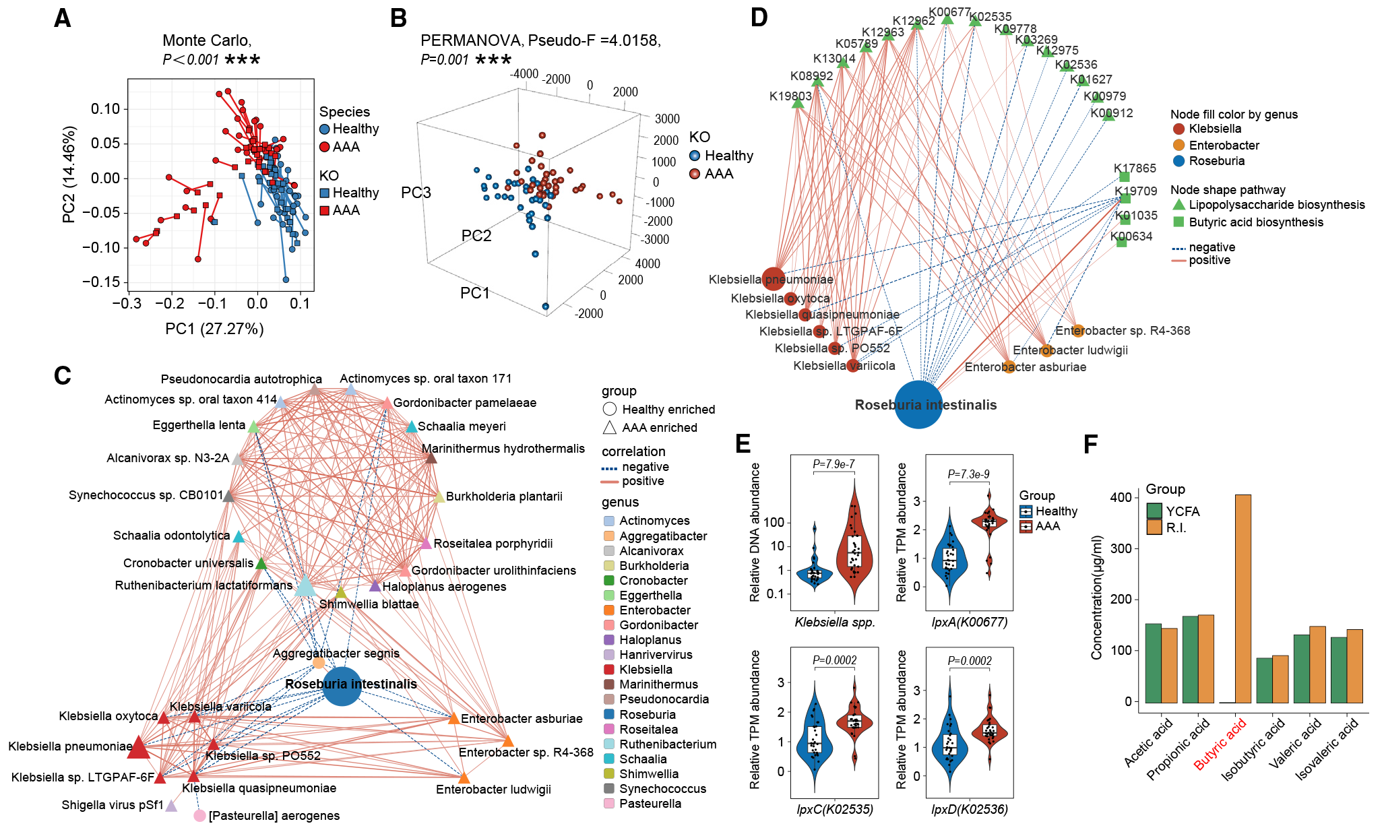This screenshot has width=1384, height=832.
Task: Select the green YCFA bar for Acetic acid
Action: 1153,663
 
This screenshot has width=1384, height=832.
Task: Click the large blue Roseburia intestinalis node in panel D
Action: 918,404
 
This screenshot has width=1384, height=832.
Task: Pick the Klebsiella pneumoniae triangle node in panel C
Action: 138,747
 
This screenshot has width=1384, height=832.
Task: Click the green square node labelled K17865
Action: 1124,177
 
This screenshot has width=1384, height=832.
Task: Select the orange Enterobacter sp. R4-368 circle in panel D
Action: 1077,331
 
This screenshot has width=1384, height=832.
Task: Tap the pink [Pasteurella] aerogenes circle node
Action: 199,816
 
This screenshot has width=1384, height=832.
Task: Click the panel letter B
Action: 398,18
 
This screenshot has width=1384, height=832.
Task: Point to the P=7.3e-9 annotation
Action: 968,474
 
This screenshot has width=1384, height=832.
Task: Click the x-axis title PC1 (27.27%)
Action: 214,329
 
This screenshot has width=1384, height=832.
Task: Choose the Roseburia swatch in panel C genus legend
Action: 609,714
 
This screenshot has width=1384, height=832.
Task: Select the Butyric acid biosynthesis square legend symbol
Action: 1178,222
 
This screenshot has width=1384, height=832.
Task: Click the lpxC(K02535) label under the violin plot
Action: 834,809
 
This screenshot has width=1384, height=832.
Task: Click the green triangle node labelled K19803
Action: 798,103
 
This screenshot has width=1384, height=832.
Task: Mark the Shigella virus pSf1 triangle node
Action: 171,806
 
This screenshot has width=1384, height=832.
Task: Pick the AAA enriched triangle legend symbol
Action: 609,427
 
